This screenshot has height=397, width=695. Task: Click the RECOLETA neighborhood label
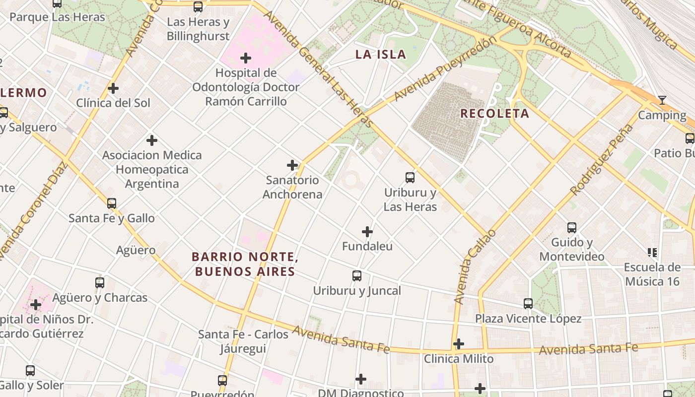[494, 114]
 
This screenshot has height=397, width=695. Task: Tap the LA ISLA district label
[381, 55]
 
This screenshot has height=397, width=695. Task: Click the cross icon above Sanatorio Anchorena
[292, 165]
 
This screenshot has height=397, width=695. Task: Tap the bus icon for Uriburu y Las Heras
[410, 178]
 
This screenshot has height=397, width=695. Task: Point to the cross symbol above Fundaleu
[367, 232]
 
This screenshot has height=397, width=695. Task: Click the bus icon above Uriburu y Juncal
[356, 276]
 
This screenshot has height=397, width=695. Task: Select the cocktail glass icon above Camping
[662, 101]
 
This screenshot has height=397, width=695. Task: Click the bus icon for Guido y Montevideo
[572, 228]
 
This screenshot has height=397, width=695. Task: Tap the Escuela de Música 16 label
[652, 274]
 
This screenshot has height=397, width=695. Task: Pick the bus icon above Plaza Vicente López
[528, 304]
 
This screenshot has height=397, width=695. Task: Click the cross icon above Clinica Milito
[459, 344]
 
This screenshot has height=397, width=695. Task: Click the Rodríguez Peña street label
[602, 160]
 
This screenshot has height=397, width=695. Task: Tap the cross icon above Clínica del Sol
[113, 89]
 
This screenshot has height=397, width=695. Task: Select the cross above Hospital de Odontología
[246, 58]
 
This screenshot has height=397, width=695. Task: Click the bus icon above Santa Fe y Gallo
[112, 203]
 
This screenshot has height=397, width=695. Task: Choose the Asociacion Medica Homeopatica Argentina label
[152, 170]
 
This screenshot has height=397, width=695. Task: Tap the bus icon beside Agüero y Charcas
[100, 283]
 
